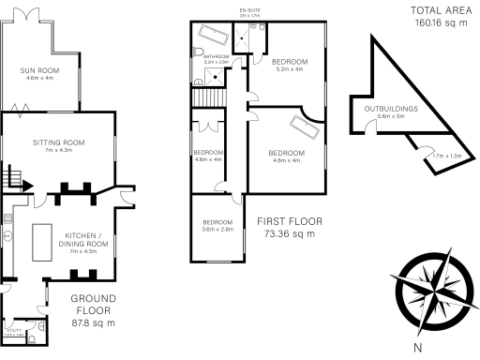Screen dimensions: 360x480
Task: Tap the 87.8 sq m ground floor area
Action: (x=93, y=322)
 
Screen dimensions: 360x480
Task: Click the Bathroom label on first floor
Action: (x=217, y=59)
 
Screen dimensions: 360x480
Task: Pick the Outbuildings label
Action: (x=391, y=112)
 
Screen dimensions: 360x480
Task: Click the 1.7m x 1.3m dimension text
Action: (x=447, y=156)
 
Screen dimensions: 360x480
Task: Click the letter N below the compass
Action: (x=417, y=348)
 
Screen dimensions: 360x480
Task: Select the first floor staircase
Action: (x=205, y=97)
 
